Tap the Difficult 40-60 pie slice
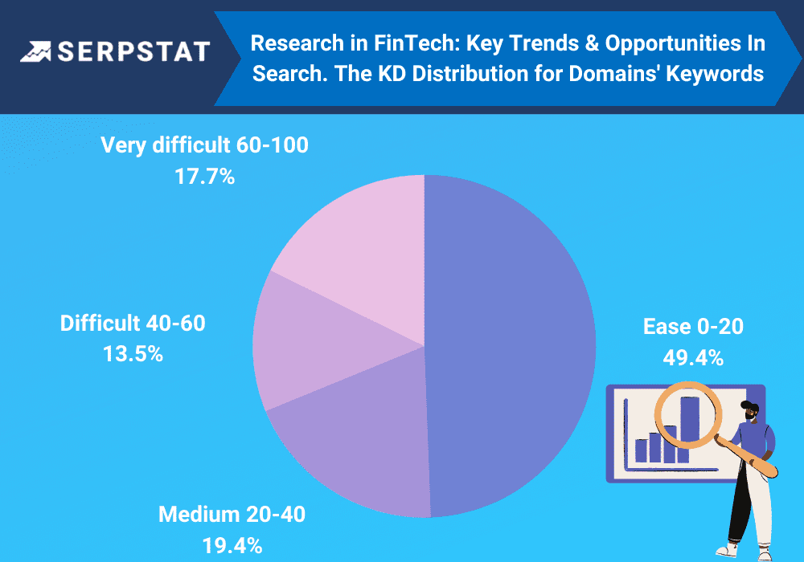[313, 343]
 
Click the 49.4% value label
[693, 358]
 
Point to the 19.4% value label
[232, 546]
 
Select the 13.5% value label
[133, 354]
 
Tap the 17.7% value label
[204, 177]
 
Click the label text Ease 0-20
[693, 327]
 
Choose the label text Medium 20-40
[232, 515]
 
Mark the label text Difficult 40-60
[133, 323]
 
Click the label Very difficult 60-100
[204, 145]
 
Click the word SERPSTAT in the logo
[133, 51]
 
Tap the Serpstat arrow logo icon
[36, 51]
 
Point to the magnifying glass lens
[687, 414]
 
